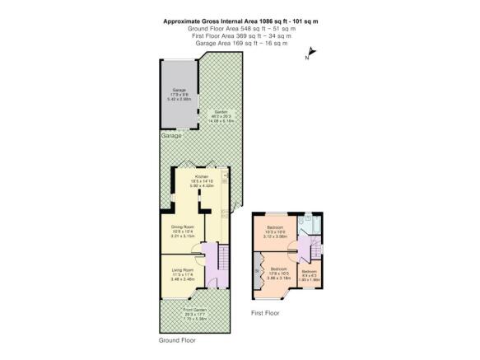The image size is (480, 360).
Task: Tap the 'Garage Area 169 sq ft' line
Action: [x=240, y=43]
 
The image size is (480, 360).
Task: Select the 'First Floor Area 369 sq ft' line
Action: [x=240, y=36]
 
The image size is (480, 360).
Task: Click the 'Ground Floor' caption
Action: [x=177, y=339]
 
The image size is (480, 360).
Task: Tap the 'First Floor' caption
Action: [x=266, y=313]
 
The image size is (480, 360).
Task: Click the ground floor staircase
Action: [x=209, y=259]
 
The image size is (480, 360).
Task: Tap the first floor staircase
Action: [x=305, y=249]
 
